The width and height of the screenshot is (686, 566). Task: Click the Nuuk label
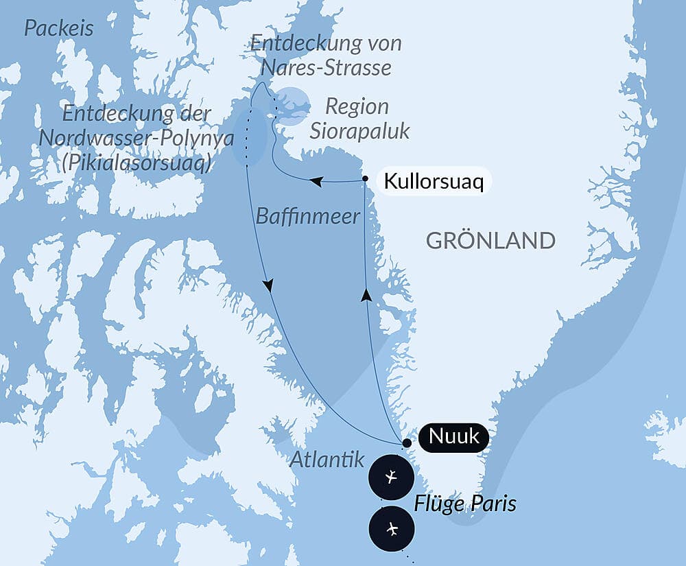454,437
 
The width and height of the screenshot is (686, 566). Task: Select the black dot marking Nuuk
407,443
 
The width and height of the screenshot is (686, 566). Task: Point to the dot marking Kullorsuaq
365,180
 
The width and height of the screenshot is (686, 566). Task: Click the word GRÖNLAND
490,240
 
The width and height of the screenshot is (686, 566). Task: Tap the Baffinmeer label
307,217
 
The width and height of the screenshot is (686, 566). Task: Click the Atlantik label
327,460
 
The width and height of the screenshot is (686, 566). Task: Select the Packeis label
58,29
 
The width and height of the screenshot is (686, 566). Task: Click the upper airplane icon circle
391,476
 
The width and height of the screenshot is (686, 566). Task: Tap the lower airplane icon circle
391,528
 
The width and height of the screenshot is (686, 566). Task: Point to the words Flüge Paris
464,505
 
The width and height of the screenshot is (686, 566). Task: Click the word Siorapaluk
359,130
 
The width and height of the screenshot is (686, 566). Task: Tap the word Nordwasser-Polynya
137,138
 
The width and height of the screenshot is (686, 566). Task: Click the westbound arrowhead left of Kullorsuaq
316,182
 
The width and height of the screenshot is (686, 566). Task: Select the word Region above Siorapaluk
357,107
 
